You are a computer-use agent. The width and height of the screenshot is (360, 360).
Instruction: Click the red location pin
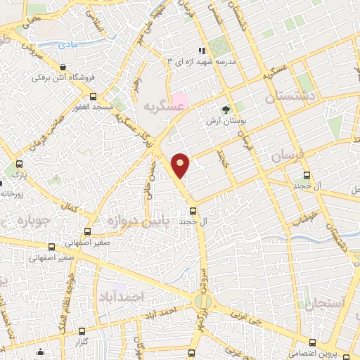pyautogui.click(x=181, y=165)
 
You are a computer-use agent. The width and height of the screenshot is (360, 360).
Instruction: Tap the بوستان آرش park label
pyautogui.click(x=224, y=121)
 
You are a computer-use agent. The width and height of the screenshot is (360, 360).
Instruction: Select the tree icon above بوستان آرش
pyautogui.click(x=225, y=110)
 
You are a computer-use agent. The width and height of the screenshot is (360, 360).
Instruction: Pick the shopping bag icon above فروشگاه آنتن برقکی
pyautogui.click(x=64, y=67)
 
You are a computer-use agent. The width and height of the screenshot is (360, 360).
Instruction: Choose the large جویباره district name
pyautogui.click(x=26, y=221)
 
